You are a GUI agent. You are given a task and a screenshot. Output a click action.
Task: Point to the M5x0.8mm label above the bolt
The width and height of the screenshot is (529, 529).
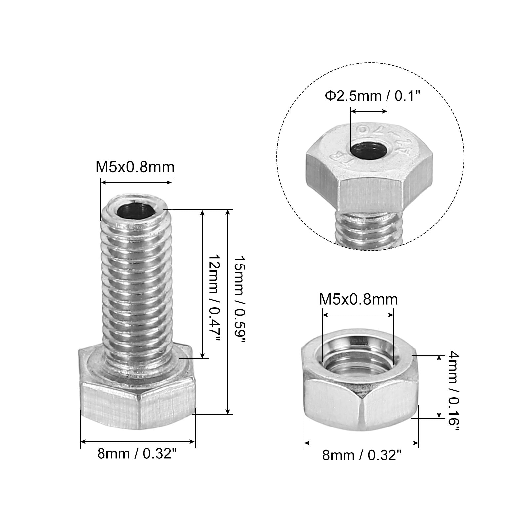[135, 167]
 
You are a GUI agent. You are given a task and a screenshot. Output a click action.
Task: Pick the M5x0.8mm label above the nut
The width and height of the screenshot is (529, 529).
[358, 299]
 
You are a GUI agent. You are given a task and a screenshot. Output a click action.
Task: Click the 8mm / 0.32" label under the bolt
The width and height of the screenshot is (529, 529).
[136, 454]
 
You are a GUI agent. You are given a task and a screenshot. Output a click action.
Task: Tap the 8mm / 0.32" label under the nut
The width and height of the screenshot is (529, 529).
[362, 455]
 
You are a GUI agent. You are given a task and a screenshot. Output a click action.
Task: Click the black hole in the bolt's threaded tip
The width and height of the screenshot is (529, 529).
[136, 210]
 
